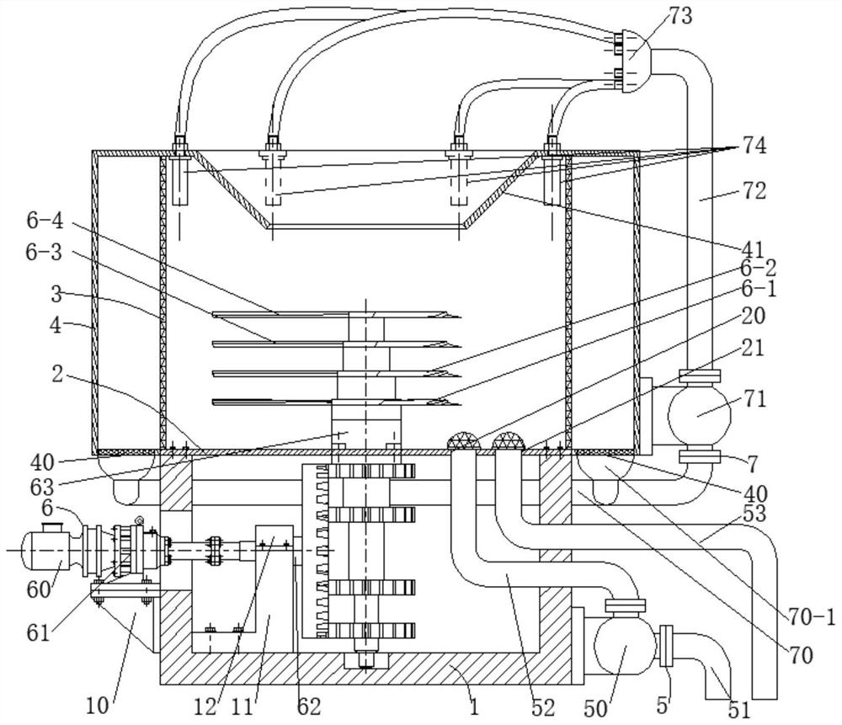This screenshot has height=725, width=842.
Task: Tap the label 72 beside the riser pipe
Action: point(754,190)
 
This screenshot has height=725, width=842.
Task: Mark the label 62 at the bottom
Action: point(309,706)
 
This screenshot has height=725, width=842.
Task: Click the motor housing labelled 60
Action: point(45,550)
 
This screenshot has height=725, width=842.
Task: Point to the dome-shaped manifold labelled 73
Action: point(637,61)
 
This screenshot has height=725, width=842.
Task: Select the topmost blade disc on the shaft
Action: point(336,315)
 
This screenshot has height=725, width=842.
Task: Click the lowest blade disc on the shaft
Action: point(336,401)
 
